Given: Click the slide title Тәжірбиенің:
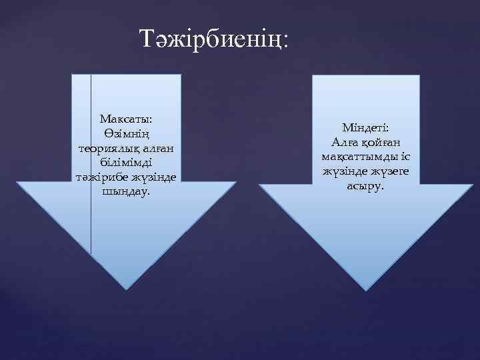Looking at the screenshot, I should point(214,39).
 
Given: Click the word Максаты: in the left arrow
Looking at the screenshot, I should point(127,119).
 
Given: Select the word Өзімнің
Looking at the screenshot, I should point(127,133).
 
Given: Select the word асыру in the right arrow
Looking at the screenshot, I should point(364,186).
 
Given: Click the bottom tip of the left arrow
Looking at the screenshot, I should point(127,287).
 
